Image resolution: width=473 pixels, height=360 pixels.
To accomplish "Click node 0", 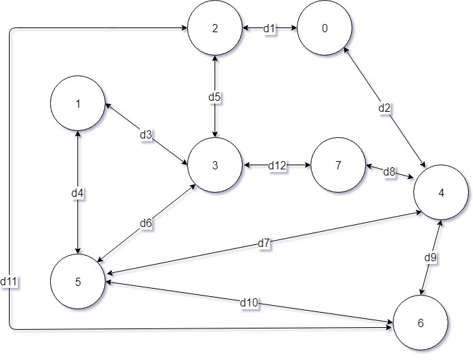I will pyautogui.click(x=325, y=28).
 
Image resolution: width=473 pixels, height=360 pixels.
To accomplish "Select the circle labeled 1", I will pyautogui.click(x=78, y=104).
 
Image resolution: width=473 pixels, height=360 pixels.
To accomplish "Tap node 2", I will pyautogui.click(x=215, y=28).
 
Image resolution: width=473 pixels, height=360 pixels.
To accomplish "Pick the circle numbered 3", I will pyautogui.click(x=215, y=165).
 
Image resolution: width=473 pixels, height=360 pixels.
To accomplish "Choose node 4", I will pyautogui.click(x=441, y=193).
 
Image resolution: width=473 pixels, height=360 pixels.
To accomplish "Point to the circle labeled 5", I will pyautogui.click(x=78, y=281).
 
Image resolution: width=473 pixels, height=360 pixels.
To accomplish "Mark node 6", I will pyautogui.click(x=420, y=322).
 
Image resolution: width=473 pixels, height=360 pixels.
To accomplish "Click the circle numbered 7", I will pyautogui.click(x=339, y=165).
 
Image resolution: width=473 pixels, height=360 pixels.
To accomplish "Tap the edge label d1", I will pyautogui.click(x=269, y=29).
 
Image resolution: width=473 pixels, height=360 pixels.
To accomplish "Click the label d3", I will pyautogui.click(x=146, y=134).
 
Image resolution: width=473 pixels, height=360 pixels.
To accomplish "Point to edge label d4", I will pyautogui.click(x=77, y=193).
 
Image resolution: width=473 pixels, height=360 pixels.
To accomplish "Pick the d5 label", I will pyautogui.click(x=215, y=97).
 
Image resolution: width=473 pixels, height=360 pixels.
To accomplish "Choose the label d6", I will pyautogui.click(x=146, y=223).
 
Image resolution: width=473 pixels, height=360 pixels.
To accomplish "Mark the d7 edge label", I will pyautogui.click(x=264, y=243).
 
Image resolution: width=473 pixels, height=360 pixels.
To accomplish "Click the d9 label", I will pyautogui.click(x=430, y=258).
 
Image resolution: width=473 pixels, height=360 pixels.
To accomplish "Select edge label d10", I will pyautogui.click(x=248, y=302).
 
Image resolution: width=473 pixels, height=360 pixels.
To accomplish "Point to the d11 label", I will pyautogui.click(x=10, y=281).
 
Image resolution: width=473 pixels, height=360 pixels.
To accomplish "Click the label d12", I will pyautogui.click(x=277, y=165).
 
